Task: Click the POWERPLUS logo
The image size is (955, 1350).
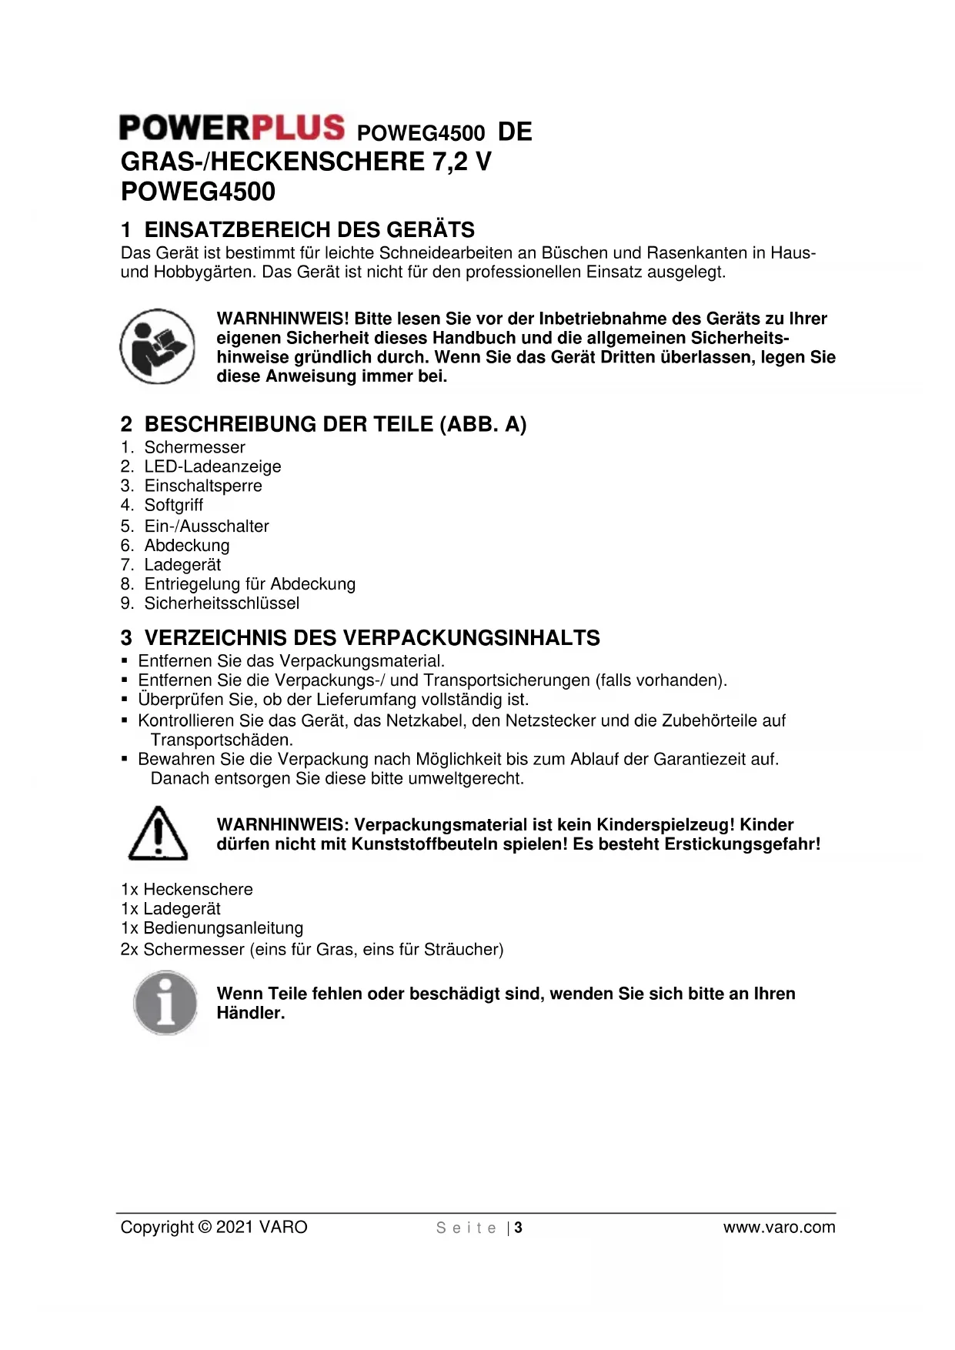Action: (232, 128)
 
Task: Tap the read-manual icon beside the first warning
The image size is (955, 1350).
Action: (157, 346)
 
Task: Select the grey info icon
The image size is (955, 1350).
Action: (165, 1002)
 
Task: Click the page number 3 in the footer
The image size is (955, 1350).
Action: (519, 1228)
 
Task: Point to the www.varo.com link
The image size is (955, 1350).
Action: (779, 1227)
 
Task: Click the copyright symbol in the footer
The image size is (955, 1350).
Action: (204, 1227)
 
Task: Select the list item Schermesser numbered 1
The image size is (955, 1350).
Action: (194, 447)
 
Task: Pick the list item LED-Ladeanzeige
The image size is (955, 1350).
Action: (212, 466)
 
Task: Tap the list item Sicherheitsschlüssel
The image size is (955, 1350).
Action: (222, 603)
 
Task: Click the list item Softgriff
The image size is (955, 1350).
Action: (174, 505)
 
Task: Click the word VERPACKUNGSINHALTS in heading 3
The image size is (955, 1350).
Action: (471, 638)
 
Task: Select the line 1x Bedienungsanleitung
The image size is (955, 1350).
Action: (212, 928)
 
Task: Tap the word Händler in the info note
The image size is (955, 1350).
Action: (250, 1013)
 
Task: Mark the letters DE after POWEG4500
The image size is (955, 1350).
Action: (515, 132)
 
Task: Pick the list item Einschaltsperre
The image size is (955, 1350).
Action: (203, 486)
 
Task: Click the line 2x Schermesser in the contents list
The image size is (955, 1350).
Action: (312, 949)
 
